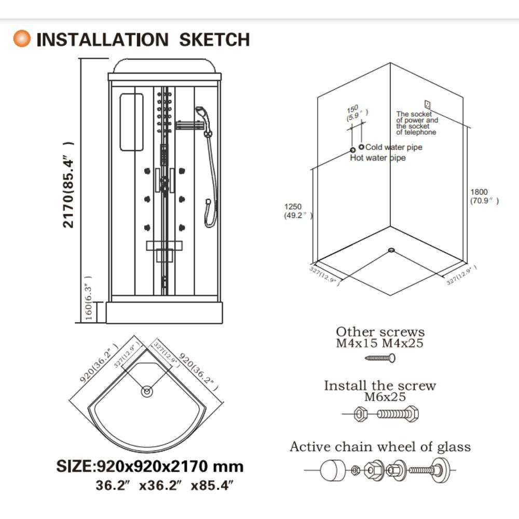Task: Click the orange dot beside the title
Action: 22,38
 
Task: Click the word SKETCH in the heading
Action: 214,40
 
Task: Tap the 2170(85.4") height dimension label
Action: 68,185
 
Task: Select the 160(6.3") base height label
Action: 88,298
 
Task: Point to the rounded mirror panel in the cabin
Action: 131,122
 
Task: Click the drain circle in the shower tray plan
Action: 147,391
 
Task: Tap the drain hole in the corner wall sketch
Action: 391,250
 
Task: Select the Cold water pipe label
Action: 394,147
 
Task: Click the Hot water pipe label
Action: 378,158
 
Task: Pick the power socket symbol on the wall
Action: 427,105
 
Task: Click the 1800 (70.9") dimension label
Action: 484,196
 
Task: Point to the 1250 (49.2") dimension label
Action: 298,211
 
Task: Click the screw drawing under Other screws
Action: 380,358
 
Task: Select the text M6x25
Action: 385,397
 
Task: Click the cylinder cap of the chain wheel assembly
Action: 332,470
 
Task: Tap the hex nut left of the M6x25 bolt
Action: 360,414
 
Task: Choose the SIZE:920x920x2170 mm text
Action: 150,467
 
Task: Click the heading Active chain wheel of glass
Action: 380,447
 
